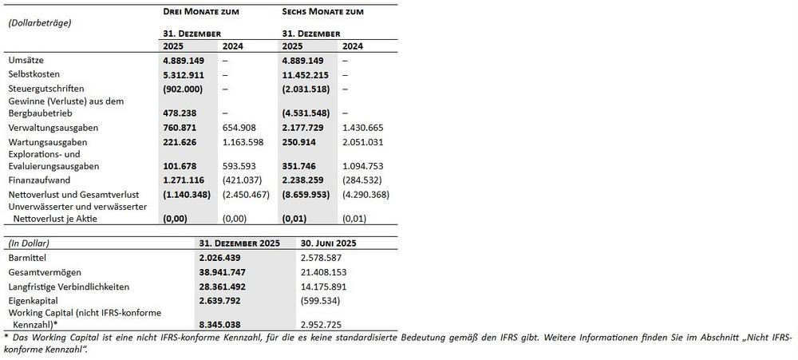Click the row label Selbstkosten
tap(34, 74)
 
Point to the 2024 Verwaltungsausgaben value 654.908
tap(242, 128)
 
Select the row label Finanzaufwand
tap(38, 180)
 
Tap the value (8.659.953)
tap(306, 194)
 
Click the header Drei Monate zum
tap(200, 12)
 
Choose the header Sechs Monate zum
tap(322, 12)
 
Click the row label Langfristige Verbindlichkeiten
tap(69, 287)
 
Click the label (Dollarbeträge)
tap(40, 22)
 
